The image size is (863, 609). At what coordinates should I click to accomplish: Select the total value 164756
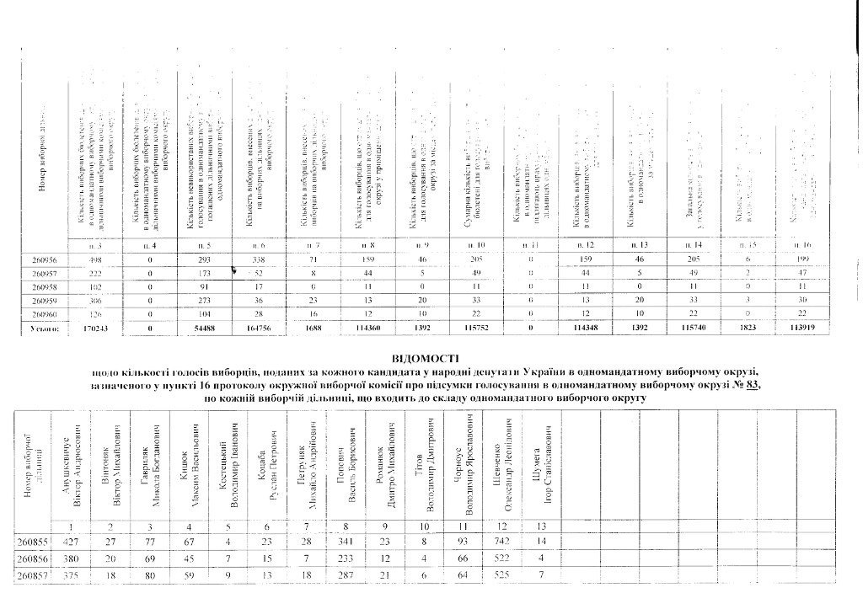(258, 329)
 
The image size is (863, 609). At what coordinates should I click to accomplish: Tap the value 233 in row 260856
(345, 558)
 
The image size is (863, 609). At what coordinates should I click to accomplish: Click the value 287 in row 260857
(345, 576)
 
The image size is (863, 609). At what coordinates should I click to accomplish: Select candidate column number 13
(540, 526)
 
